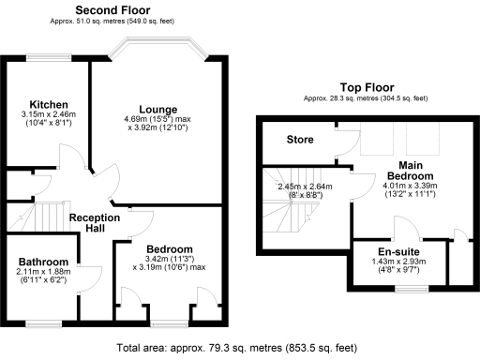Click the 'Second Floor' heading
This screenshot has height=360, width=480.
(113, 10)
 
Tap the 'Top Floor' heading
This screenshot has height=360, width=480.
(366, 85)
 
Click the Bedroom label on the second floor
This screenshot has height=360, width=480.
(169, 248)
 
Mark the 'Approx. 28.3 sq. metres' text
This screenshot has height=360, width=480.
(366, 97)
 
